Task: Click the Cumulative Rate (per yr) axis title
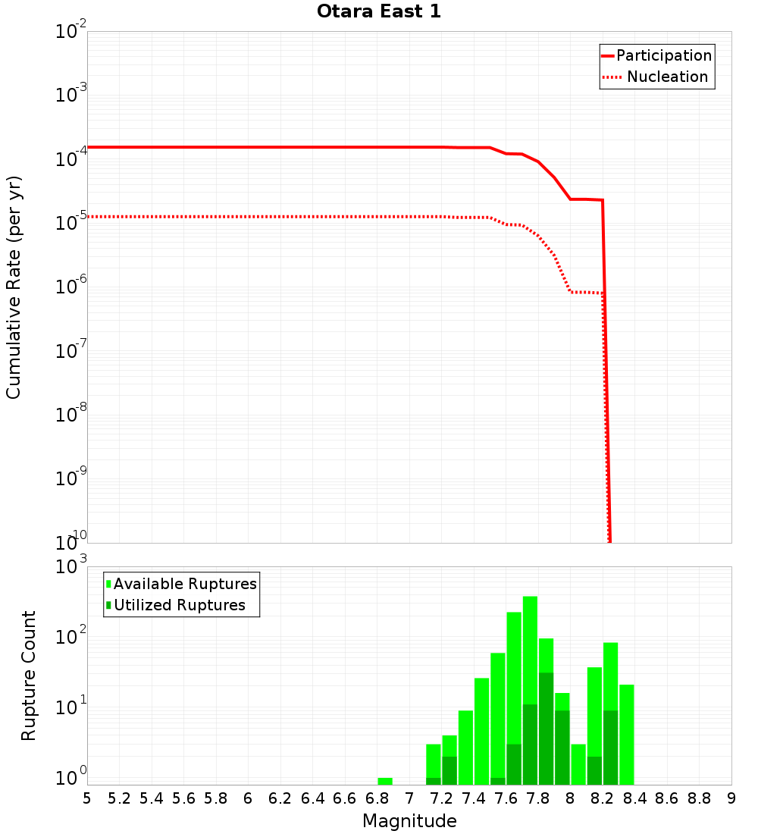(x=14, y=287)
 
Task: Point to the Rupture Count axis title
(x=29, y=676)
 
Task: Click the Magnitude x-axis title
(x=409, y=821)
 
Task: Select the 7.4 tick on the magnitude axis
(x=474, y=798)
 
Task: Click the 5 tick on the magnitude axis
(x=87, y=798)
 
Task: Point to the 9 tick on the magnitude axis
(x=731, y=798)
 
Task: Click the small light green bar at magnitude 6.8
(x=385, y=781)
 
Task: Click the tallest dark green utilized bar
(x=546, y=728)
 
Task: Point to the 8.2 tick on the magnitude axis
(x=603, y=798)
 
